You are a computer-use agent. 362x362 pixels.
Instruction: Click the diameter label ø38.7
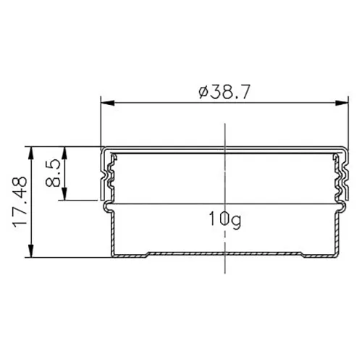pos(224,92)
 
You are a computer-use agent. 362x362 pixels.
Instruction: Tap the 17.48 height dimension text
pos(20,202)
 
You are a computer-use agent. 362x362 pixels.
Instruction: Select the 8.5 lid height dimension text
pos(53,172)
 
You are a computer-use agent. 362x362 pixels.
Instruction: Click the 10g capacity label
pos(224,219)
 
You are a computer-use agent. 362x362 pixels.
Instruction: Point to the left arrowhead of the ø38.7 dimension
pos(107,103)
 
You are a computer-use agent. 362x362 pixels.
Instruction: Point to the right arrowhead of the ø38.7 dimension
pos(342,103)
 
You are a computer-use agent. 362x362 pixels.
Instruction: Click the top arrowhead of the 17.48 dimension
pos(31,153)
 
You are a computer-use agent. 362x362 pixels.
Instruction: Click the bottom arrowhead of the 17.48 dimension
pos(31,251)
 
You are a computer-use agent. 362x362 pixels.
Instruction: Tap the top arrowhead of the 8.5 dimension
pos(64,153)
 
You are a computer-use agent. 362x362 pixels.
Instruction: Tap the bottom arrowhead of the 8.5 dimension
pos(64,193)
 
